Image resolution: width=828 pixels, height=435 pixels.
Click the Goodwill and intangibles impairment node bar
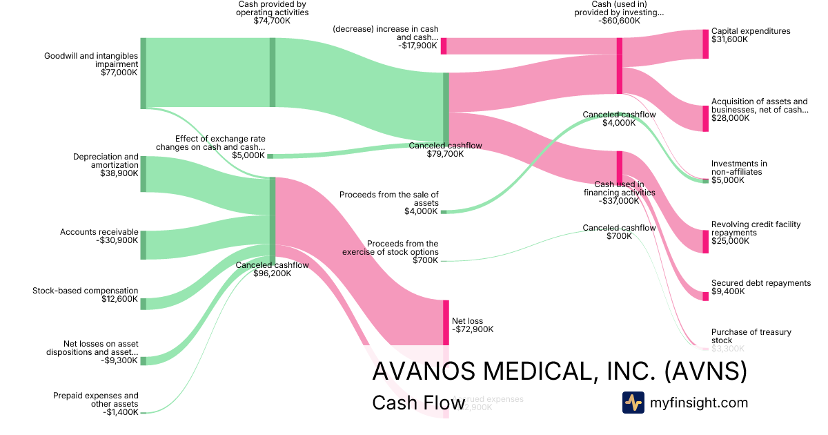coord(144,73)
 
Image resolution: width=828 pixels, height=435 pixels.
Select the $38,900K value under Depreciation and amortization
coord(119,174)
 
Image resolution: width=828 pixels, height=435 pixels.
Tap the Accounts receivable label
coord(99,232)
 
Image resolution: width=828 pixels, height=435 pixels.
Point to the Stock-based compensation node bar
coord(144,304)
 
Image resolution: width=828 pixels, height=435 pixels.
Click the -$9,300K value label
coord(120,360)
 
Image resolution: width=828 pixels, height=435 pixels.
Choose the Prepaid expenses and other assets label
coord(96,400)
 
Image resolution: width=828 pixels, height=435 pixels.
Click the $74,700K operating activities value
coord(272,21)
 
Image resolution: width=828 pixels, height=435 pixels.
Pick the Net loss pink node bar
coord(446,322)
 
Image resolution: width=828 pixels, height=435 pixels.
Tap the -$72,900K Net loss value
coord(473,329)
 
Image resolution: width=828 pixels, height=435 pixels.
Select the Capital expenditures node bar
coord(705,43)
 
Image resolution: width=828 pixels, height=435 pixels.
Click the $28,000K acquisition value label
coord(730,118)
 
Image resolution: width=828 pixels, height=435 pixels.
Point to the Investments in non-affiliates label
coord(739,168)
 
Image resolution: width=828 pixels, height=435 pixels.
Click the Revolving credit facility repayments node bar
coord(705,242)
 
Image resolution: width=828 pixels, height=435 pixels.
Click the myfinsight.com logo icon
coord(633,403)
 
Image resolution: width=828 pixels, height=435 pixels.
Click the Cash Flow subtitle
coord(408,403)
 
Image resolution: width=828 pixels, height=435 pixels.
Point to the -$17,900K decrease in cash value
coord(418,46)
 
